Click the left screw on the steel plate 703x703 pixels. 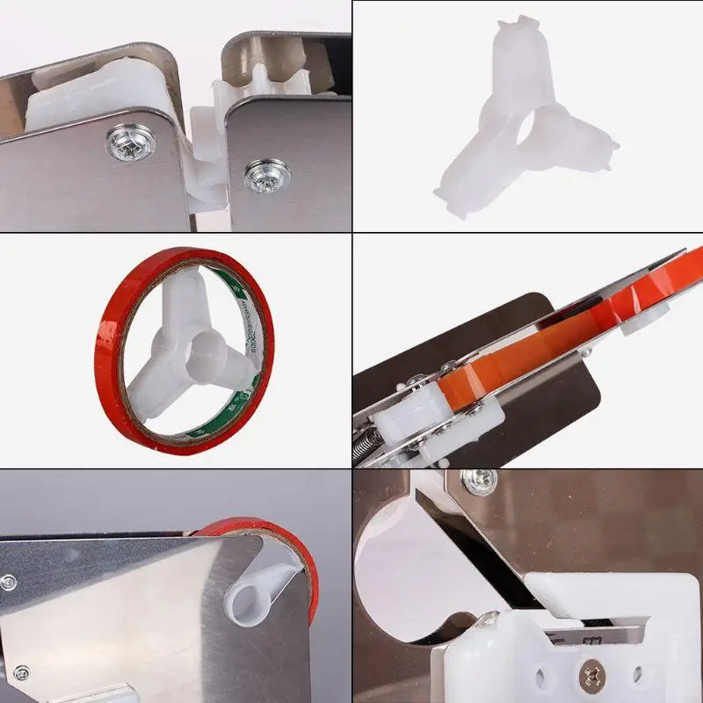click(x=125, y=142)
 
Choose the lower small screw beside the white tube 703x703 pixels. click(x=19, y=673)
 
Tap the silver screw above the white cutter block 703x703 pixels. click(x=478, y=480)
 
